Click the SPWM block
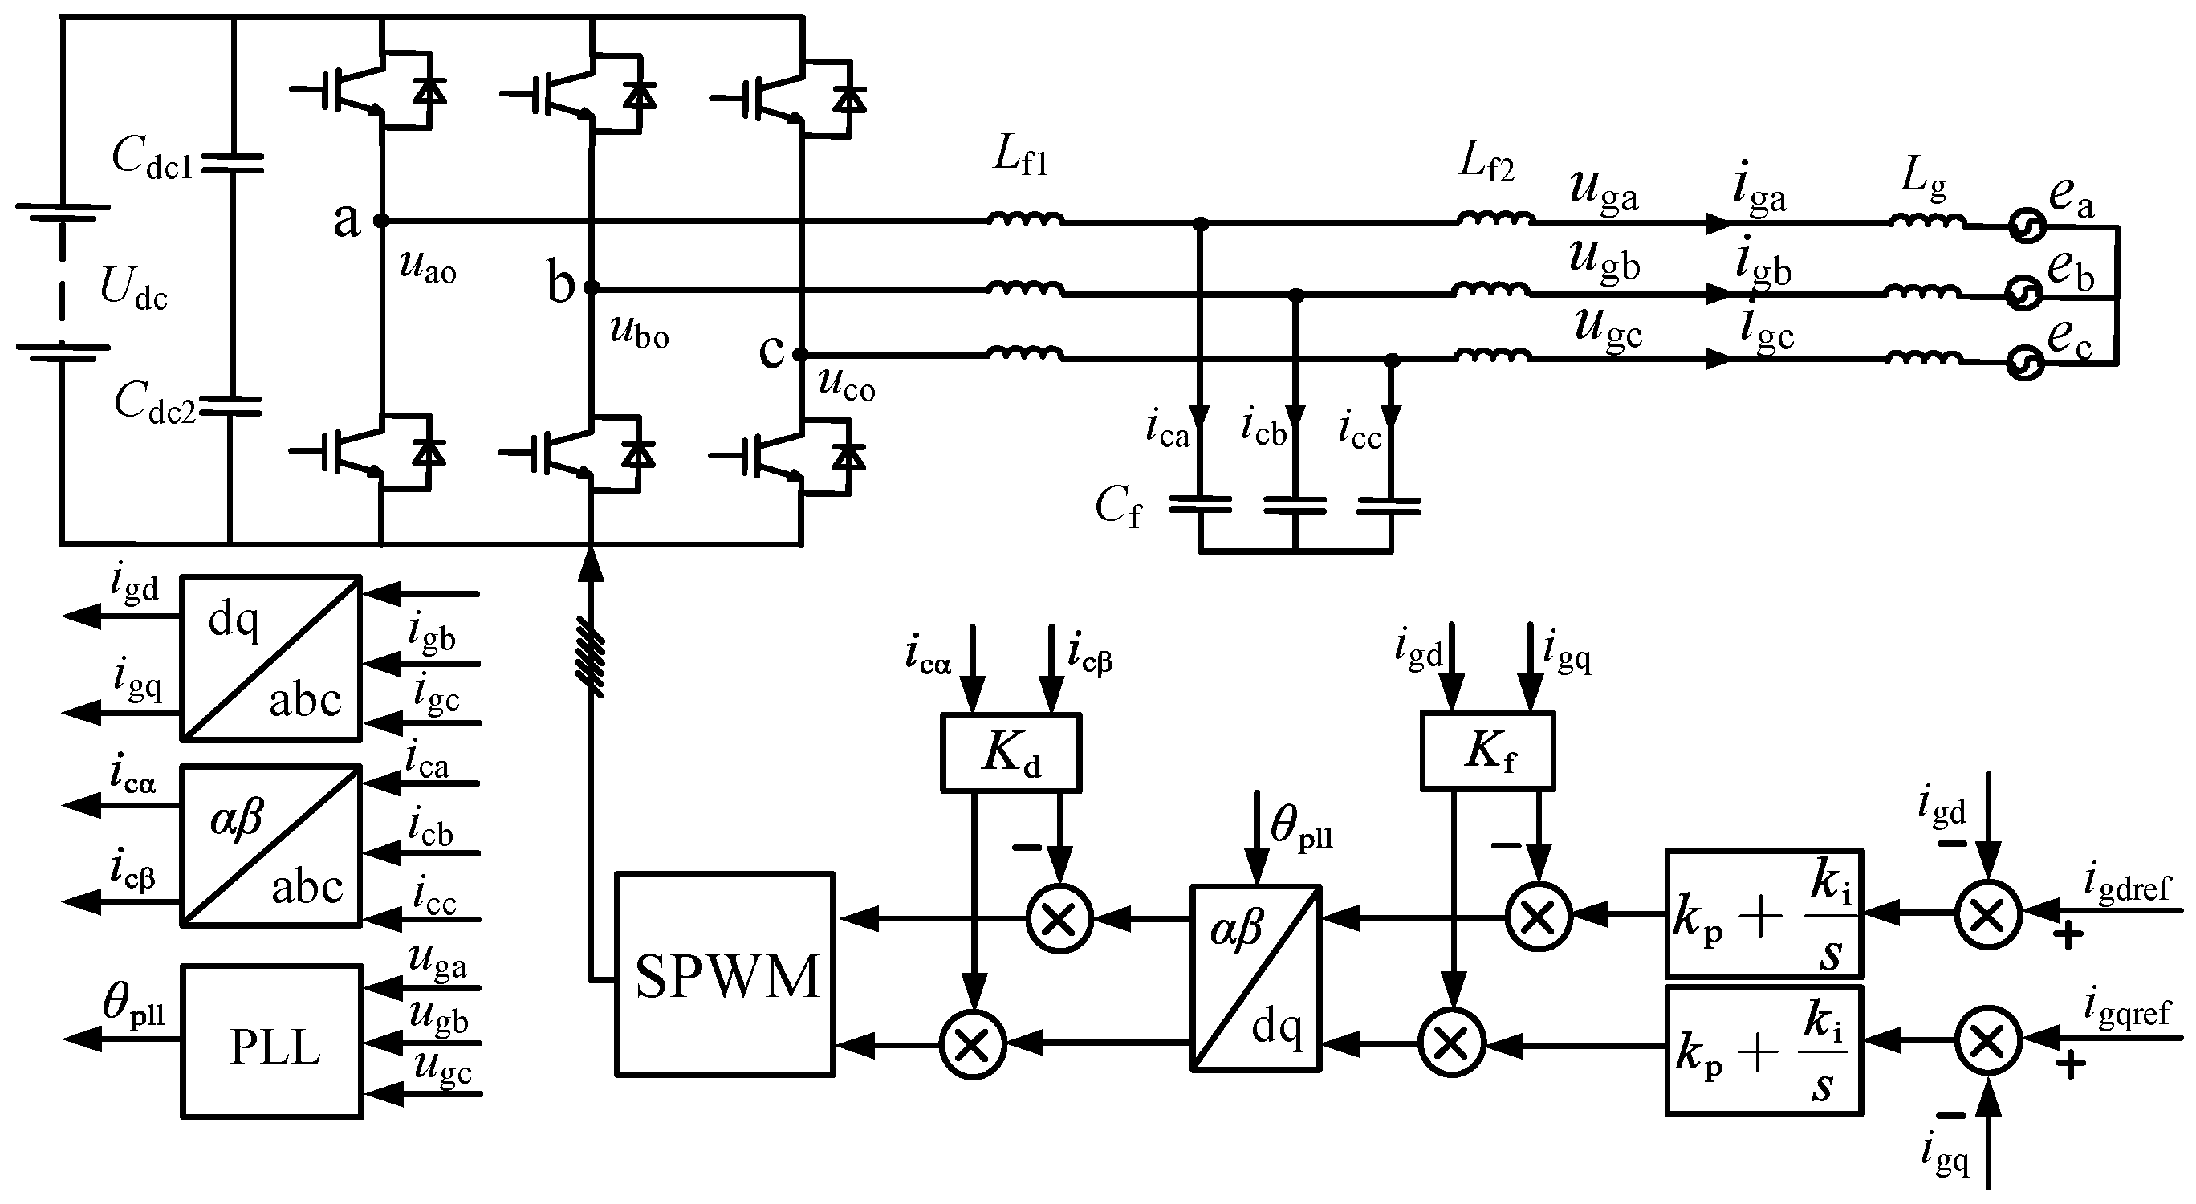click(x=725, y=974)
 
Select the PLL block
click(x=272, y=1041)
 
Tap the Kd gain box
click(x=1011, y=753)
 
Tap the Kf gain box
click(x=1487, y=751)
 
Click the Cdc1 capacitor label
click(x=152, y=158)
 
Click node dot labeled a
click(x=381, y=221)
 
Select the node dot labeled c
click(x=799, y=354)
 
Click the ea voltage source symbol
click(x=2026, y=227)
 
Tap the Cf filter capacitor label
click(x=1117, y=507)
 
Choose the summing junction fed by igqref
click(x=1988, y=1040)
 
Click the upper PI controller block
click(x=1763, y=913)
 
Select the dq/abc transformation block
click(x=271, y=658)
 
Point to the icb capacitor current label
click(x=1263, y=428)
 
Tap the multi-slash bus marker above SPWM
click(x=591, y=656)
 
